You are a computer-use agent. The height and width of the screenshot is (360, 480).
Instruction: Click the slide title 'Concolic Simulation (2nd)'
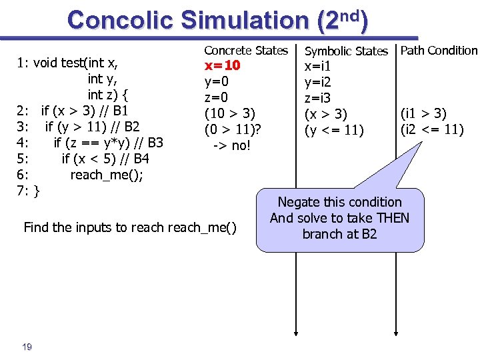[217, 20]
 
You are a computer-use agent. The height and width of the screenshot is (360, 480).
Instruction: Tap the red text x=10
[223, 66]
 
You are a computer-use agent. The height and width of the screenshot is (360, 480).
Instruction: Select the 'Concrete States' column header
[246, 50]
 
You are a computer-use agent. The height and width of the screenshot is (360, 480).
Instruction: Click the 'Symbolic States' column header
[346, 51]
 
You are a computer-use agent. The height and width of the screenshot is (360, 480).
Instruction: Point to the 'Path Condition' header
[439, 50]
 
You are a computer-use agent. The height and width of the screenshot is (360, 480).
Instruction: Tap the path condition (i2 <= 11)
[432, 129]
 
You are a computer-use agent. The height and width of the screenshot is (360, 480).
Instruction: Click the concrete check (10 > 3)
[230, 113]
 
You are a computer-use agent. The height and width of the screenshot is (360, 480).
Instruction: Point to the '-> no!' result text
[231, 145]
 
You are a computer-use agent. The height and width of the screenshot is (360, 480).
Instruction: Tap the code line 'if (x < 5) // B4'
[105, 159]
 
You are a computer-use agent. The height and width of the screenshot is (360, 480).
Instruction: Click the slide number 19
[27, 346]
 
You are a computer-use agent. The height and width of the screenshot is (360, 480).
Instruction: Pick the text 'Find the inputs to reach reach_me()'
[130, 227]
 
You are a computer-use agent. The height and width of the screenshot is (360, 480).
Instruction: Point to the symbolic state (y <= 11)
[335, 129]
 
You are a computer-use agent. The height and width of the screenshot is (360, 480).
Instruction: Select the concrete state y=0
[217, 82]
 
